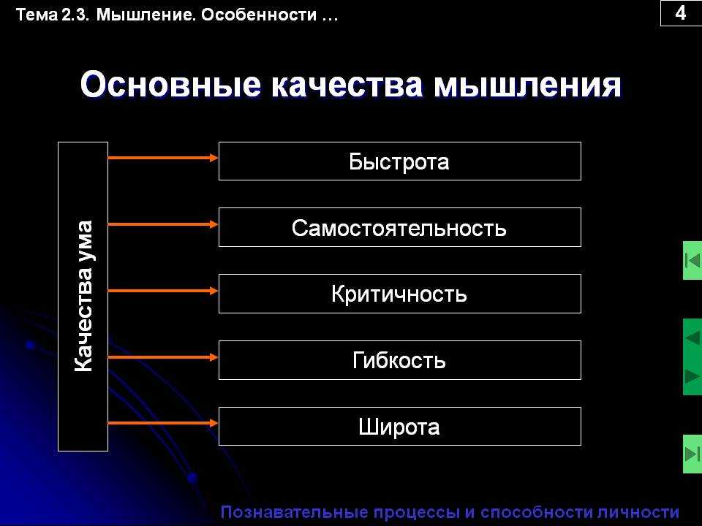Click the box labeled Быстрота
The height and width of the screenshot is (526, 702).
pyautogui.click(x=400, y=161)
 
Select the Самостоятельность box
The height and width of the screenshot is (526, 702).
pyautogui.click(x=400, y=227)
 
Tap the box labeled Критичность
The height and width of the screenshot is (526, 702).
pyautogui.click(x=400, y=294)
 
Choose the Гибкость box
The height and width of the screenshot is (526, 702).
pyautogui.click(x=400, y=360)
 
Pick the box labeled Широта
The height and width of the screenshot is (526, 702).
pyautogui.click(x=400, y=426)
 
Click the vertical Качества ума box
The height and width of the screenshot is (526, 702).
pyautogui.click(x=83, y=297)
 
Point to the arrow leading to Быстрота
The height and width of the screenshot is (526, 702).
pyautogui.click(x=163, y=158)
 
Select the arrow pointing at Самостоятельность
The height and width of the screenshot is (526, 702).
pyautogui.click(x=163, y=224)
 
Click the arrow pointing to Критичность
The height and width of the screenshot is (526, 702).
pyautogui.click(x=163, y=291)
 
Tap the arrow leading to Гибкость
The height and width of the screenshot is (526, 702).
pyautogui.click(x=163, y=357)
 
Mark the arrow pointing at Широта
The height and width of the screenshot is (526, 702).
pyautogui.click(x=163, y=423)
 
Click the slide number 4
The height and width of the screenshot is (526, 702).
pyautogui.click(x=681, y=13)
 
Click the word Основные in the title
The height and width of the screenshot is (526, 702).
pyautogui.click(x=170, y=85)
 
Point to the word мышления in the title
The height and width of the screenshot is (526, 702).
pyautogui.click(x=527, y=85)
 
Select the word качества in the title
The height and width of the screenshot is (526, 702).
pyautogui.click(x=347, y=85)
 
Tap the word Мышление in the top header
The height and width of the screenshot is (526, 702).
pyautogui.click(x=146, y=15)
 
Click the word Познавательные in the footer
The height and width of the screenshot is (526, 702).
pyautogui.click(x=294, y=511)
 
